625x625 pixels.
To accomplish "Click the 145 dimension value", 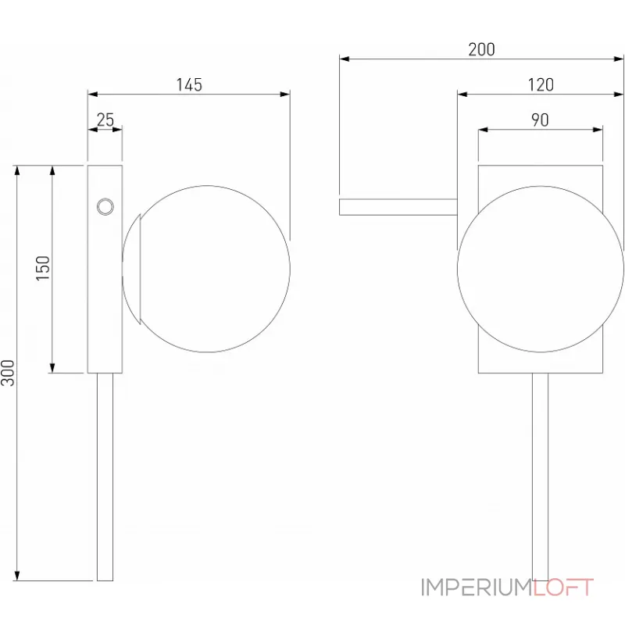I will (x=188, y=84).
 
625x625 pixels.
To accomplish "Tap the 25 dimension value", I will (x=105, y=120).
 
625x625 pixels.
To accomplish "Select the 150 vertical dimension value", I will (x=43, y=268).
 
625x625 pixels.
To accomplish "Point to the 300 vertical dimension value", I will (x=8, y=373).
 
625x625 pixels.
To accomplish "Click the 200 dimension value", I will (x=481, y=49).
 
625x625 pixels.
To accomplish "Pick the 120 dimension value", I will (x=541, y=84).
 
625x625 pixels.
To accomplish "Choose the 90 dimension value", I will (x=540, y=120).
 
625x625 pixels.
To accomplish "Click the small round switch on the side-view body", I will (x=104, y=206).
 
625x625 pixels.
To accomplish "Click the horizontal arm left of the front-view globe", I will (x=398, y=206).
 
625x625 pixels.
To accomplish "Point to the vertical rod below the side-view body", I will (x=105, y=477).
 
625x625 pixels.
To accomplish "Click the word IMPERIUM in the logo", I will (x=476, y=587).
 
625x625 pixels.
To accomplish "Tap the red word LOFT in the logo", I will (x=563, y=587).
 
